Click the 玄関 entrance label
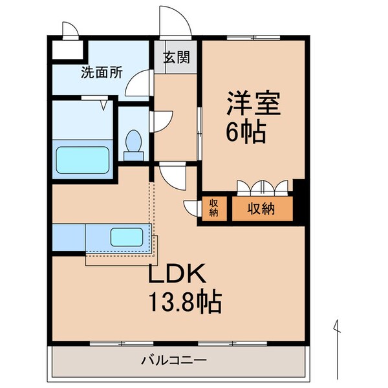pyautogui.click(x=176, y=58)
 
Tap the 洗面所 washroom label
pyautogui.click(x=102, y=73)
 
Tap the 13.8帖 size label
pyautogui.click(x=186, y=301)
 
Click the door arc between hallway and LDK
pyautogui.click(x=171, y=173)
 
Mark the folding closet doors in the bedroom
pyautogui.click(x=263, y=187)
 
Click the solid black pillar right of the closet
pyautogui.click(x=298, y=200)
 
